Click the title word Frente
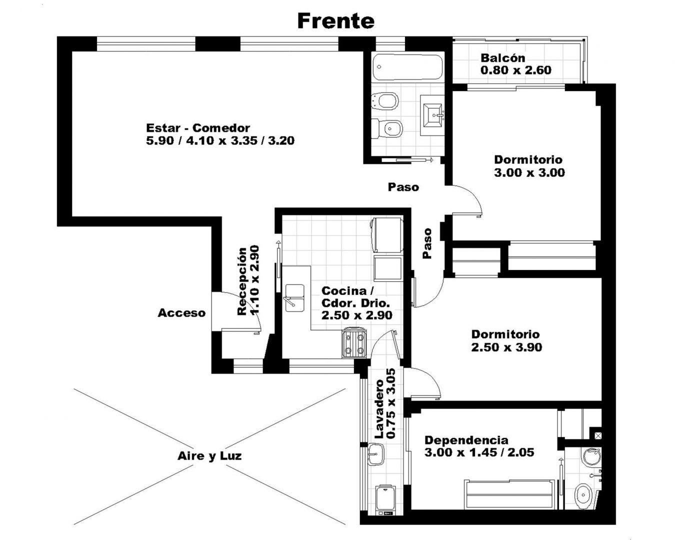[x=335, y=21]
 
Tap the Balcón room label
[x=503, y=58]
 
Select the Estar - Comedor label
[x=198, y=128]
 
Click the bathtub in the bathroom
[x=408, y=67]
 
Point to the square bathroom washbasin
[x=432, y=115]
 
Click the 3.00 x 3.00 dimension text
[x=529, y=172]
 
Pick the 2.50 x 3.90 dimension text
[x=506, y=347]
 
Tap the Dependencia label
[x=466, y=440]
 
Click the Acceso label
[x=181, y=313]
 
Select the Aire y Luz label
[x=209, y=456]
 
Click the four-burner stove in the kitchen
[x=354, y=342]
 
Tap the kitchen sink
[x=295, y=298]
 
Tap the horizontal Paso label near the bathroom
[x=403, y=187]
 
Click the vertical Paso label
[x=427, y=243]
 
